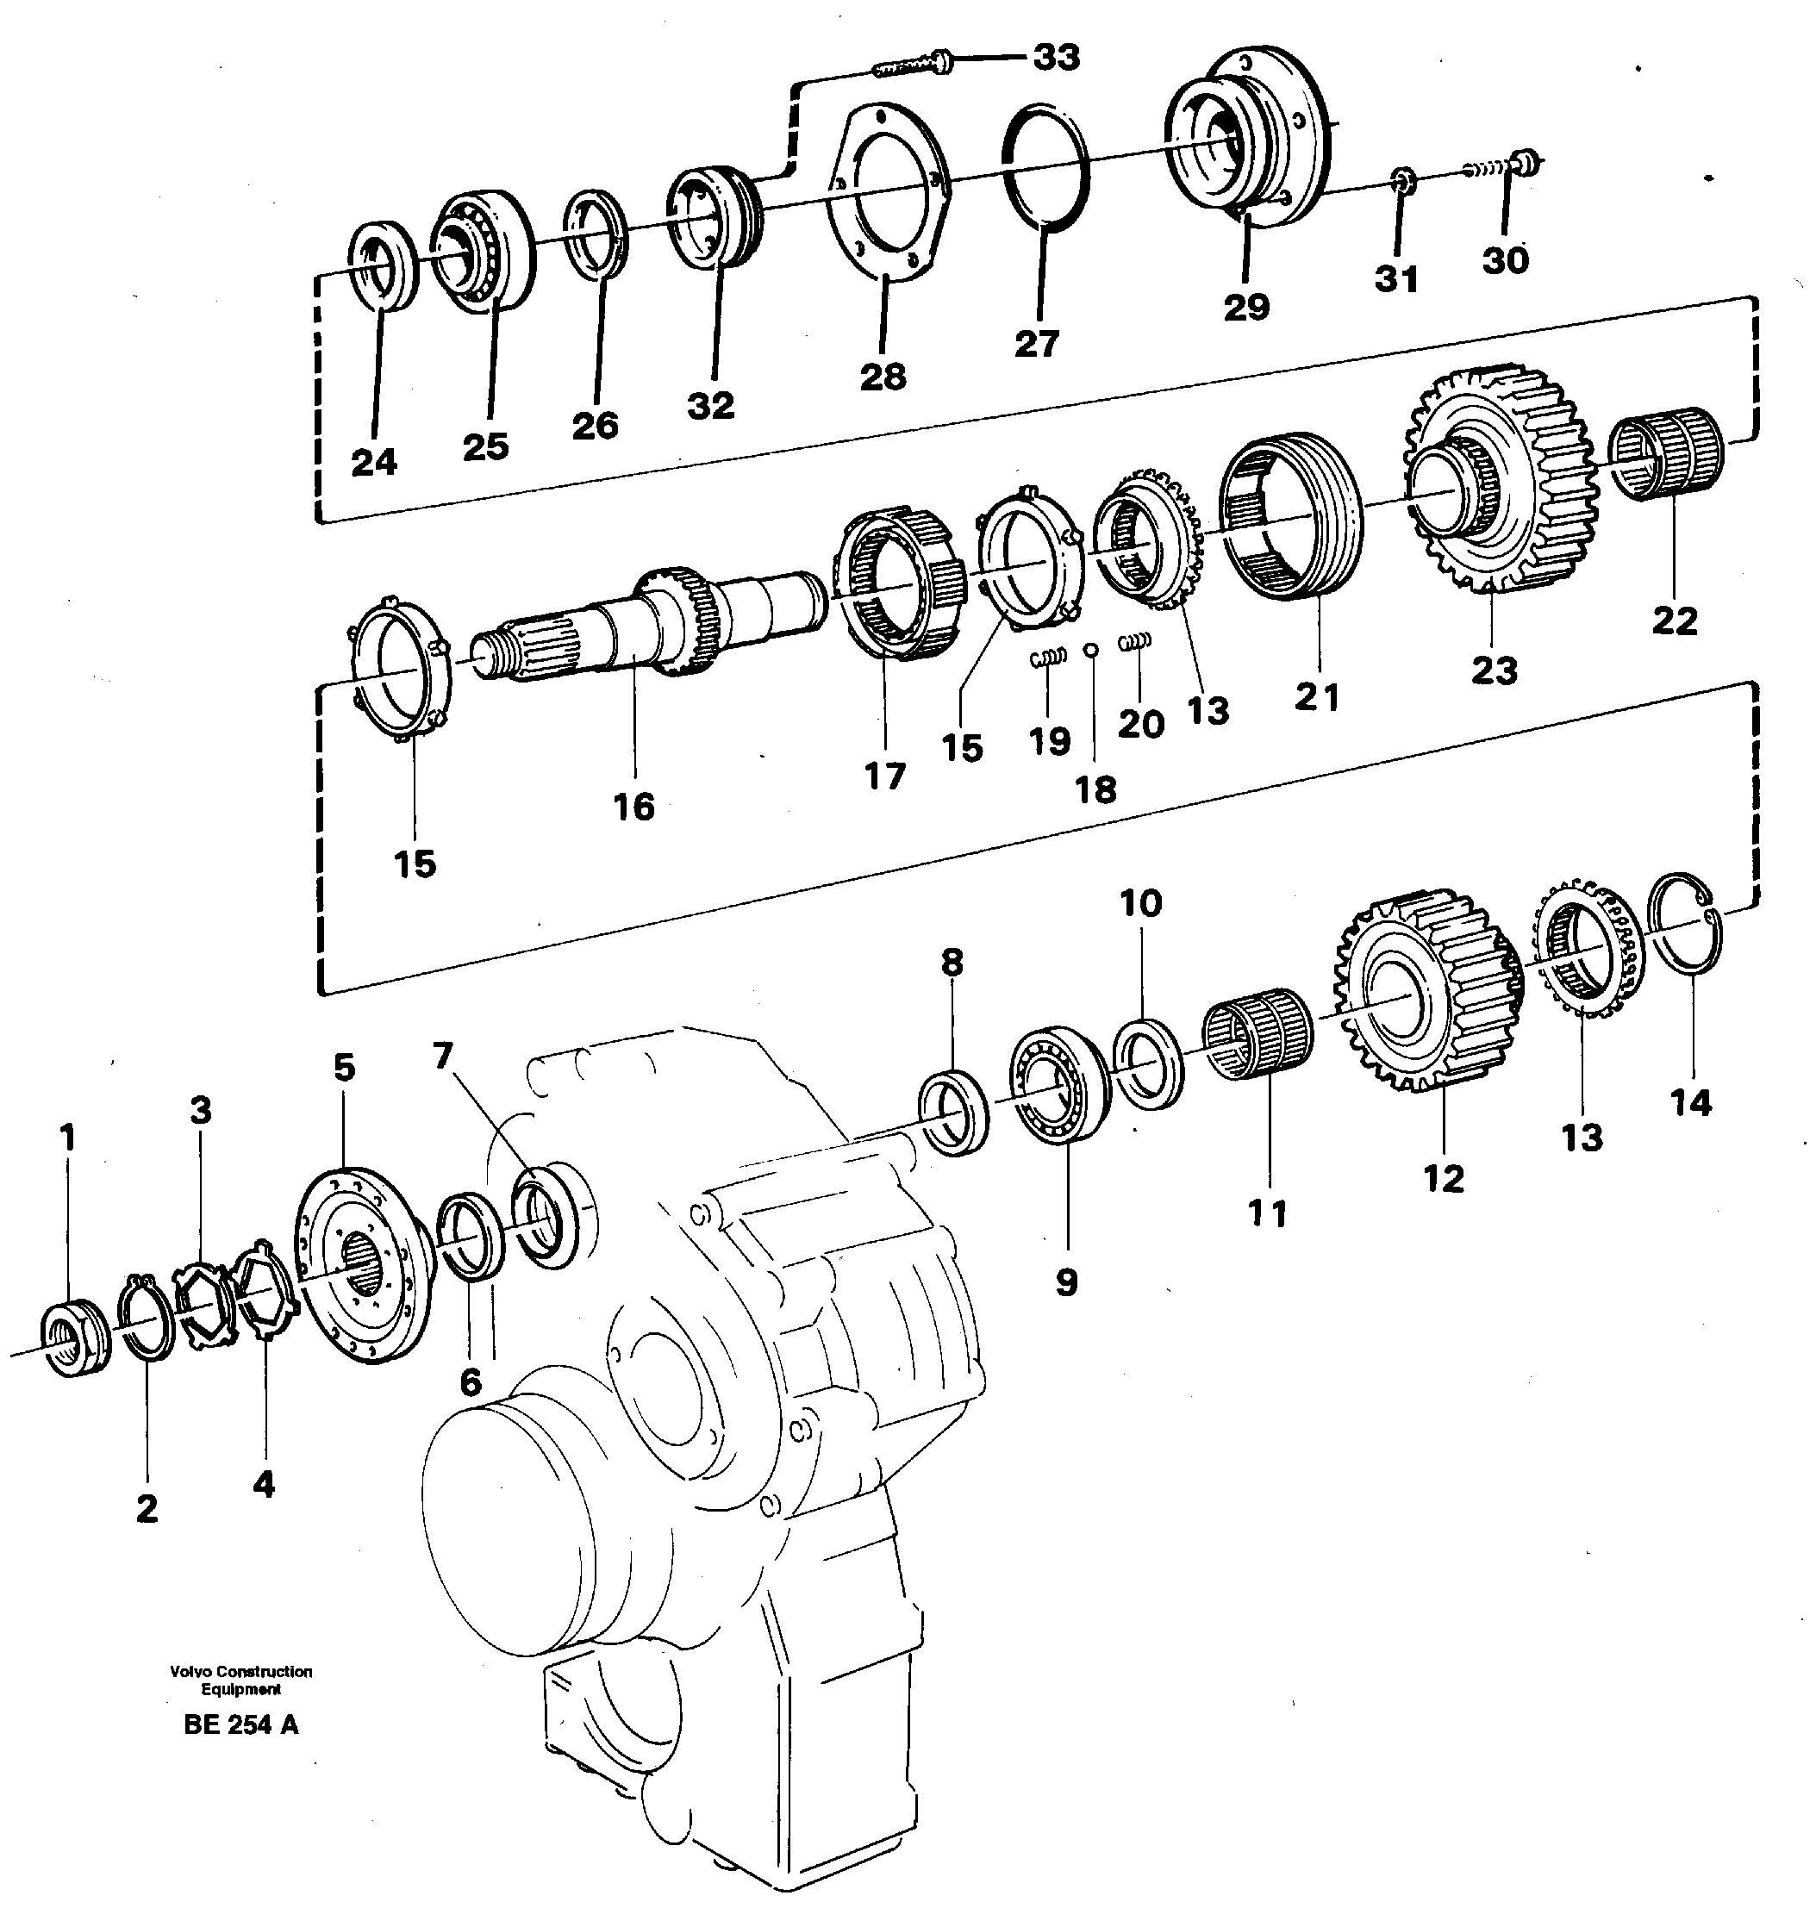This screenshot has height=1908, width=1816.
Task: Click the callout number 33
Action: click(x=1055, y=58)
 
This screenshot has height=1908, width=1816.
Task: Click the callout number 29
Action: click(x=1245, y=308)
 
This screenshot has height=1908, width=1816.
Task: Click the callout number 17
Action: click(x=885, y=776)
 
